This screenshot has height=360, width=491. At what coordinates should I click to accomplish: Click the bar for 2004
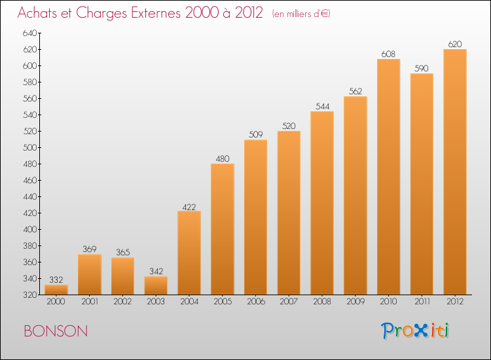[189, 253]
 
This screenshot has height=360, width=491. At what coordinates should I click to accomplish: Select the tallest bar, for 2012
[455, 172]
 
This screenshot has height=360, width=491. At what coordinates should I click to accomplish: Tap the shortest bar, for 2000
[56, 289]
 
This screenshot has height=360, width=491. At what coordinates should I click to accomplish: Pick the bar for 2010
[389, 177]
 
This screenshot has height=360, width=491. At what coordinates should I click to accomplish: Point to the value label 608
[388, 54]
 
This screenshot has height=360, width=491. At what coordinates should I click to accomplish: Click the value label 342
[156, 271]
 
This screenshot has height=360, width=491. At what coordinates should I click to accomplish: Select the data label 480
[223, 158]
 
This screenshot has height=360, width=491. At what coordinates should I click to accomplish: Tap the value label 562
[355, 91]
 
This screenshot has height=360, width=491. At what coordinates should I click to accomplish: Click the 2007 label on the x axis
[289, 302]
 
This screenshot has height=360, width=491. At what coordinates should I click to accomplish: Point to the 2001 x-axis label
[90, 302]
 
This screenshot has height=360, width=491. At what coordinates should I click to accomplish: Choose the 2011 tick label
[422, 302]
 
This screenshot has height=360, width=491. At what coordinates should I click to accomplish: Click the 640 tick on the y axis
[29, 33]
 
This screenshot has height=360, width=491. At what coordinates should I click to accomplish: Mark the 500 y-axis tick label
[29, 147]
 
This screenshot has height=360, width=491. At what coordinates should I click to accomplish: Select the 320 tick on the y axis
[29, 295]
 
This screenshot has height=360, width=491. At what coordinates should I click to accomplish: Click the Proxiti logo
[415, 331]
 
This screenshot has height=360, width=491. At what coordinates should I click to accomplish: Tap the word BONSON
[56, 331]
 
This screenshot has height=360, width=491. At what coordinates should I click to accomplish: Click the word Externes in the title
[156, 13]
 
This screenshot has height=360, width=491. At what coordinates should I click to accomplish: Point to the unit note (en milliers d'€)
[301, 14]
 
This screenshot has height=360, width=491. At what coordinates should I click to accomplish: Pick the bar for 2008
[322, 203]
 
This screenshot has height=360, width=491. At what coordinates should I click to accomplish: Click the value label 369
[90, 249]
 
